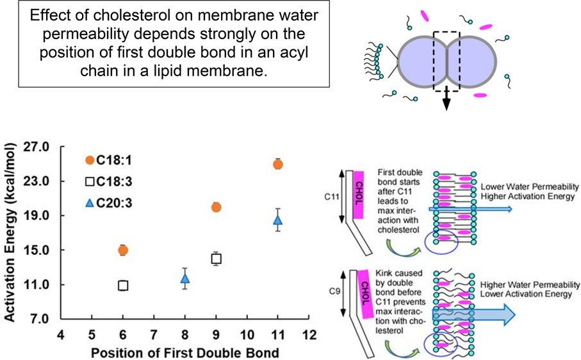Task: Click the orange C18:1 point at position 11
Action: [x=278, y=165]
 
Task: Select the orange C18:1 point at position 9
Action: [x=217, y=208]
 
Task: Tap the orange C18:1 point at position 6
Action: [x=123, y=250]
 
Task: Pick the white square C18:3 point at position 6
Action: [x=123, y=286]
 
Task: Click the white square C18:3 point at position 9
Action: [x=217, y=259]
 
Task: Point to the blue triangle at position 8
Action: [x=185, y=279]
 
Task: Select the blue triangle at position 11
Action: [x=278, y=220]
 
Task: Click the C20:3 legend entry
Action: [x=108, y=203]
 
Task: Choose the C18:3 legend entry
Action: [x=108, y=181]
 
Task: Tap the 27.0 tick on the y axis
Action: [x=37, y=147]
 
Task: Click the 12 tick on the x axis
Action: [x=309, y=335]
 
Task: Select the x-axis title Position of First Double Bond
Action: [x=185, y=352]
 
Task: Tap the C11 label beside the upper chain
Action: [x=332, y=197]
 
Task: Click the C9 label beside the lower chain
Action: [x=334, y=291]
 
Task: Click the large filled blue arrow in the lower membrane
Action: [x=474, y=315]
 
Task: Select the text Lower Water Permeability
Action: [x=530, y=187]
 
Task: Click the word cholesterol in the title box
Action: [x=129, y=15]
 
